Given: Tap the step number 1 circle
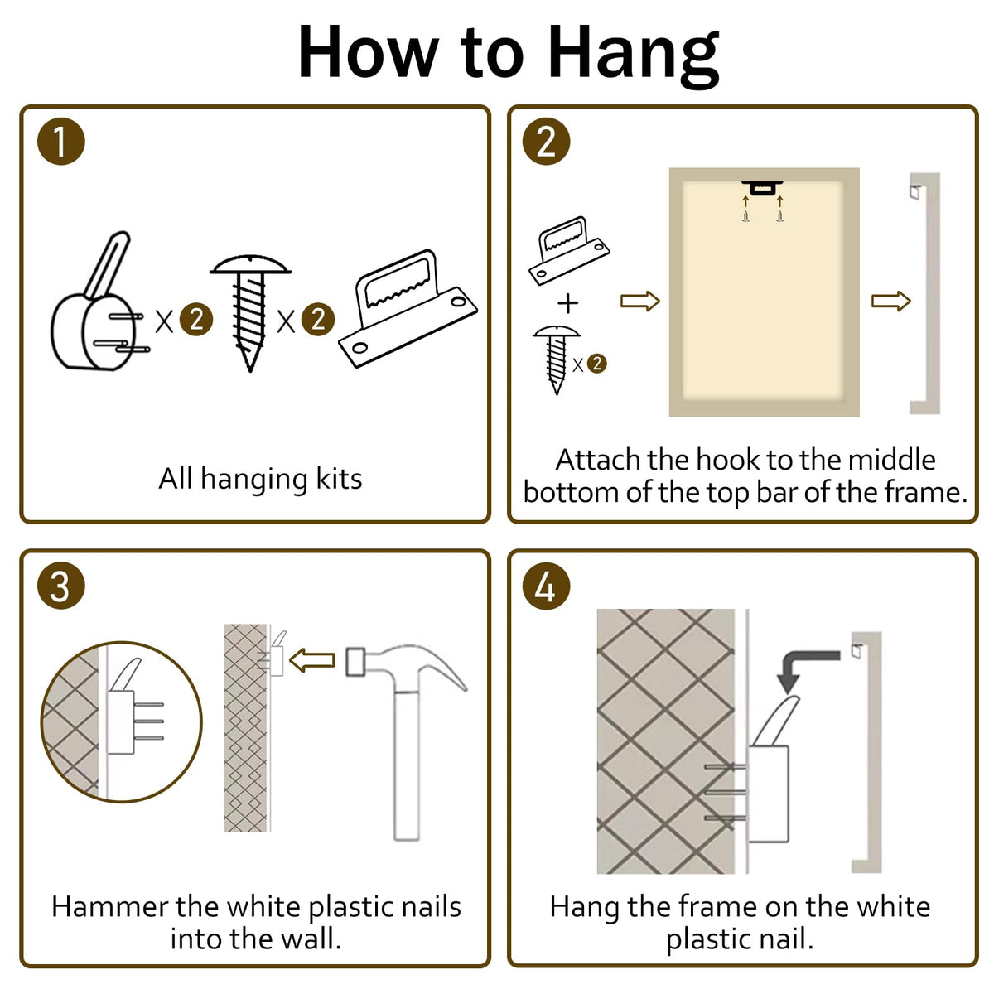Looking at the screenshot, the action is (60, 142).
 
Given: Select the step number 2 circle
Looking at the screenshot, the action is (546, 142).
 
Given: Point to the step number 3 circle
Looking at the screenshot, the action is (60, 586).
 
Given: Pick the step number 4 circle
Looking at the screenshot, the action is (546, 586).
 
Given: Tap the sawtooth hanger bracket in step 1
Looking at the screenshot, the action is (408, 308).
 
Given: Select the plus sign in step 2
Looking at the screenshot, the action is (568, 303).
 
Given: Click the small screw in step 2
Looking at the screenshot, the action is (557, 359).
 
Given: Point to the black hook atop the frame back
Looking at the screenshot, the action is (762, 188).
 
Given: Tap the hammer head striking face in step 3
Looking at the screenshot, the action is (356, 662).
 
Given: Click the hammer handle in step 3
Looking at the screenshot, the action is (407, 765).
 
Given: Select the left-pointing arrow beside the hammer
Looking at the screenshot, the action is (312, 661).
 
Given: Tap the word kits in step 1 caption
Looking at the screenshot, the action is (339, 480).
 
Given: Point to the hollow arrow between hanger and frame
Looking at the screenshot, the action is (640, 301).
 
